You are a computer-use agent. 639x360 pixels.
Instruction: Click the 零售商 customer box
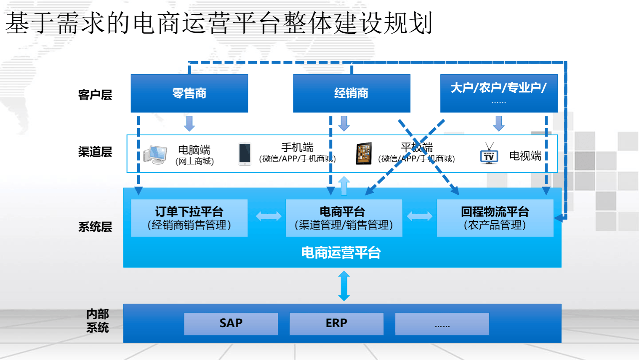(x=189, y=93)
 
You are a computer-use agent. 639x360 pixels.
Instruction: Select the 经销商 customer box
(x=351, y=93)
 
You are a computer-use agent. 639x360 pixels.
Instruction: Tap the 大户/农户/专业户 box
(x=498, y=93)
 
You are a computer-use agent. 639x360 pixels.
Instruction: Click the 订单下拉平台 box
(x=189, y=218)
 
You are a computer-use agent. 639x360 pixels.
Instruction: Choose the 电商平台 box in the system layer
(x=343, y=218)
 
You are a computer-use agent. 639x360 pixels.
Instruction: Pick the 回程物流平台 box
(x=495, y=218)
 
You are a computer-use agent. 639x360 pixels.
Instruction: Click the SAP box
(x=231, y=323)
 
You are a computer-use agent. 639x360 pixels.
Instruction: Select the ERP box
(x=336, y=323)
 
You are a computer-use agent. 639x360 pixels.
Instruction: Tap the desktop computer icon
(x=154, y=154)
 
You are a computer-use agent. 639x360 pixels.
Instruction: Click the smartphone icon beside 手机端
(x=245, y=153)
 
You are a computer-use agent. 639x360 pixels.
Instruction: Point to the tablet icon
(x=364, y=153)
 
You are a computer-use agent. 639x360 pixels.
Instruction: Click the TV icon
(x=489, y=154)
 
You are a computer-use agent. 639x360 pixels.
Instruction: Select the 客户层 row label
(x=95, y=95)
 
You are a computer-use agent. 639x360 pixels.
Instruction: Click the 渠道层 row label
(x=95, y=152)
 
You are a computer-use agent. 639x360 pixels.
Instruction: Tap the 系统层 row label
(x=95, y=227)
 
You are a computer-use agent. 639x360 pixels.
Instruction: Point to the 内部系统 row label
(x=97, y=321)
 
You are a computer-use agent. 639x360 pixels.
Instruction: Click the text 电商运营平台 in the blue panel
(x=341, y=253)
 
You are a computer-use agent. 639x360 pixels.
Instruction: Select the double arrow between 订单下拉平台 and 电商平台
(x=269, y=216)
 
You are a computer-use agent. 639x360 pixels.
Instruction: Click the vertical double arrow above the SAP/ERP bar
(x=344, y=286)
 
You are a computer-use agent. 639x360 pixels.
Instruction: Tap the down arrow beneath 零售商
(x=189, y=123)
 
